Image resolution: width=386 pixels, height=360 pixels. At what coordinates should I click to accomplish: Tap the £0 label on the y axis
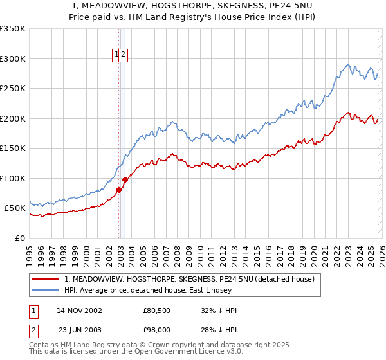click(19, 238)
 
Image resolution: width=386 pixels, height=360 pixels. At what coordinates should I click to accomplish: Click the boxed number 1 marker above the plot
click(117, 55)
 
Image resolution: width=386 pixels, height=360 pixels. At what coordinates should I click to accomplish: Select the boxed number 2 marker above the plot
click(124, 55)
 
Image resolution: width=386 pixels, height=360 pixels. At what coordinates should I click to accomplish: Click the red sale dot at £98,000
click(125, 179)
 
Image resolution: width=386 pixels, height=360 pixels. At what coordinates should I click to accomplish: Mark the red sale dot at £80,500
click(118, 190)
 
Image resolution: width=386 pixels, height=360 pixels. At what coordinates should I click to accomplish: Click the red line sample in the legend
click(46, 280)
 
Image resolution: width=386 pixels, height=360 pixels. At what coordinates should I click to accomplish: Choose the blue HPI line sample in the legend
click(46, 291)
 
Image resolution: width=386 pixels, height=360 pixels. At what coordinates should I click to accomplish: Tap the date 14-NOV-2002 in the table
click(79, 310)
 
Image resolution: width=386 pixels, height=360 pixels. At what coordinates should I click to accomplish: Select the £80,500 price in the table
click(157, 310)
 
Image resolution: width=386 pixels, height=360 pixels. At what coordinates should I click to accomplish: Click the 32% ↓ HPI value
click(219, 310)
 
